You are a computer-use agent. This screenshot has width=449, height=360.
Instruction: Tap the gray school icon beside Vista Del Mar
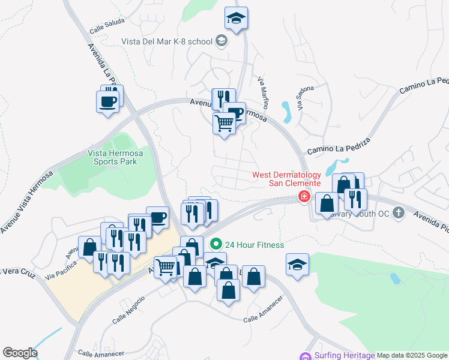(x=221, y=41)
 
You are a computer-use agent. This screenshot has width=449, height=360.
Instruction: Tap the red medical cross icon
(x=304, y=197)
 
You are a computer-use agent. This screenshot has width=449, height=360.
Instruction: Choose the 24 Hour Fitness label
(x=254, y=245)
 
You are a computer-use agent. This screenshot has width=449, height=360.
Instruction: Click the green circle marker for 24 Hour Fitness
(x=215, y=245)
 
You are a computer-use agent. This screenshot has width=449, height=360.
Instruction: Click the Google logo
(x=20, y=353)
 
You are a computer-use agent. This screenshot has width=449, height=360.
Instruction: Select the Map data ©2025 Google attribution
(x=412, y=355)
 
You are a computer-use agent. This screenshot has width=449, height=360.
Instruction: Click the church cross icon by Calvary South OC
(x=397, y=212)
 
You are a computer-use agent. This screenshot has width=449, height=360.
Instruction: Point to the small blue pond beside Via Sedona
(x=286, y=111)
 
